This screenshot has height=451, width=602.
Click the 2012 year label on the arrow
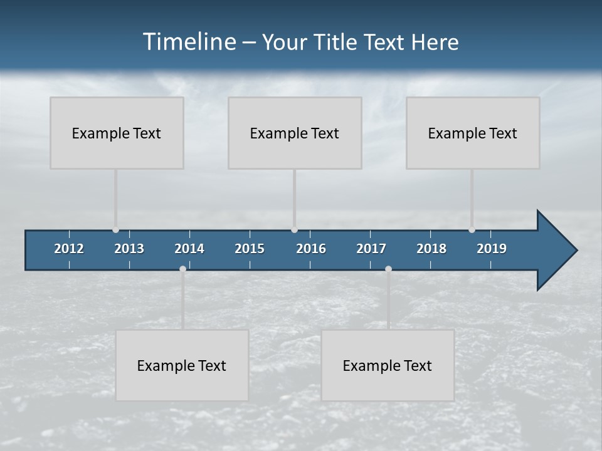69,249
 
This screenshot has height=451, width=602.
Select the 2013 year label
129,249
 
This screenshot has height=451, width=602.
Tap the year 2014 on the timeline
189,249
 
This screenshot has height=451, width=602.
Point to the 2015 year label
250,249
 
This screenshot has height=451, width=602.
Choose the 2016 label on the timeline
311,249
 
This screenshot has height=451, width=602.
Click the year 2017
371,249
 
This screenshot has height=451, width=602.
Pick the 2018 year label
431,249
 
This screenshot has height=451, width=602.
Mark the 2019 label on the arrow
492,249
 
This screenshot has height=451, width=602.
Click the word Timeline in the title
189,42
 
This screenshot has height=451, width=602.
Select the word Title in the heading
336,42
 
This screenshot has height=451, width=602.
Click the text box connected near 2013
117,133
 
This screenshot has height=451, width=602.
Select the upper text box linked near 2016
295,133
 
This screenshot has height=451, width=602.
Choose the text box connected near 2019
473,133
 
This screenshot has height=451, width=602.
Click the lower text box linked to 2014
182,365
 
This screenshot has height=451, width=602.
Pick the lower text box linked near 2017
388,365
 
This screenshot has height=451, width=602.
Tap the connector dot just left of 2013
115,230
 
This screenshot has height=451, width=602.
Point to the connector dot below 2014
182,269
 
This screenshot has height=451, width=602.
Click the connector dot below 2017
388,269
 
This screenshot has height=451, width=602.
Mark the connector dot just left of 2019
472,230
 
